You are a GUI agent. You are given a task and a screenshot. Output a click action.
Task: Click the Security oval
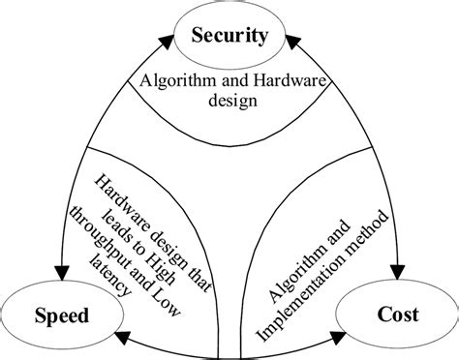(x=229, y=37)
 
